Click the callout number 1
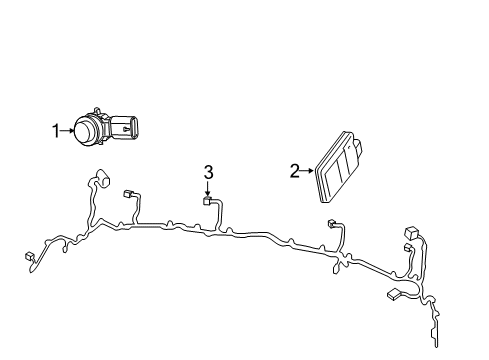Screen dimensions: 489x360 click(57, 129)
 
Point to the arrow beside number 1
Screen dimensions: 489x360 click(68, 129)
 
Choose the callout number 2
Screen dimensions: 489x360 click(294, 171)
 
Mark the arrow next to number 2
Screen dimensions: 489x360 click(306, 171)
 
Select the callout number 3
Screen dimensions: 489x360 click(208, 173)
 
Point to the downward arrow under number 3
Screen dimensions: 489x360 click(208, 189)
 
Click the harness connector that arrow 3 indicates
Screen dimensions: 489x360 click(207, 202)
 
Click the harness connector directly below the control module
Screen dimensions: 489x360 click(330, 225)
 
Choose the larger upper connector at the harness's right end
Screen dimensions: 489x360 click(411, 231)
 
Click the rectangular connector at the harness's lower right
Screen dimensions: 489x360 click(392, 295)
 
